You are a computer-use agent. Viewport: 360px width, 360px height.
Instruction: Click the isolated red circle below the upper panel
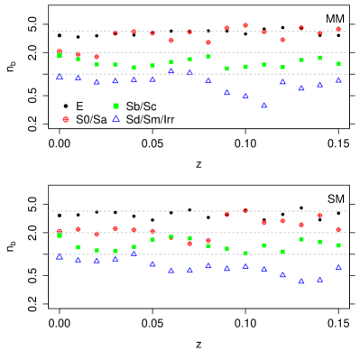66,119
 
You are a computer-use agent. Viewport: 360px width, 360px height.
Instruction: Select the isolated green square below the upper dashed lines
115,106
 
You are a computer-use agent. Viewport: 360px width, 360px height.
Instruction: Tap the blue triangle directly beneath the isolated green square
115,118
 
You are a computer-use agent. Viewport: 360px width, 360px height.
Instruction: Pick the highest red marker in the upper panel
245,25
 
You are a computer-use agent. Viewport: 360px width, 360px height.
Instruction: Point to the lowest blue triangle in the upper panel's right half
263,105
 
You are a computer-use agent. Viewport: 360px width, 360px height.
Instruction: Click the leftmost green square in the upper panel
60,56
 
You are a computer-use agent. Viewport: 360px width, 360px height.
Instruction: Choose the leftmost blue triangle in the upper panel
60,77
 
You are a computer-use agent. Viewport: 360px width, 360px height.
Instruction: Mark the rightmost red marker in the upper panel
338,29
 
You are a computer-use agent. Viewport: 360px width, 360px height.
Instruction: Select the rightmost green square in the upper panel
338,64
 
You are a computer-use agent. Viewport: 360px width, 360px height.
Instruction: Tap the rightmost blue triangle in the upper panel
338,79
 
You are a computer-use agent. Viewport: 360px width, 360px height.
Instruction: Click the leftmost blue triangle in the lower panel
60,255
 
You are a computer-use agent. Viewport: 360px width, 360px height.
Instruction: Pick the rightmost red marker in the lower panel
338,229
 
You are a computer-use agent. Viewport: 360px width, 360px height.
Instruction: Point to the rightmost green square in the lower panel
338,245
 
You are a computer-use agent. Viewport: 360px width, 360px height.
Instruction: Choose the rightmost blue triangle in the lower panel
338,266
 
